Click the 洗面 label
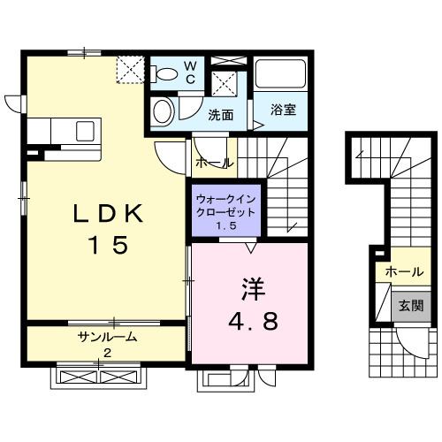coord(221,115)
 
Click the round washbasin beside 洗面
coord(162,112)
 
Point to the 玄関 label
coord(409,306)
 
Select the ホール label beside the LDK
coord(213,163)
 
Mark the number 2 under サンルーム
coord(107,353)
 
